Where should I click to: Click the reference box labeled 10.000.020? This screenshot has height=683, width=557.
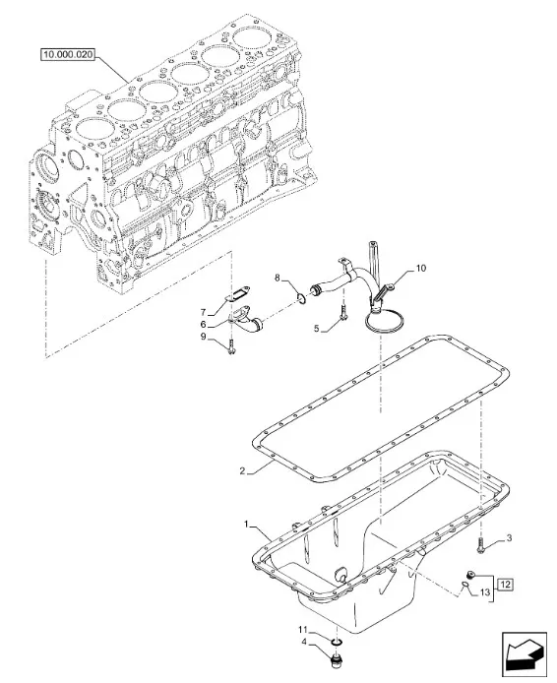[x=68, y=54]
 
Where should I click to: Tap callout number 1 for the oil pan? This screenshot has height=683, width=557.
[x=247, y=524]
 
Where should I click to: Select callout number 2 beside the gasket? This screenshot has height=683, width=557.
[x=242, y=470]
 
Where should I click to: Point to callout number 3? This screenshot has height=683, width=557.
[x=509, y=538]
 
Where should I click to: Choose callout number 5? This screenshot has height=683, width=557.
[x=317, y=329]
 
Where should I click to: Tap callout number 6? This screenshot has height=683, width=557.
[x=203, y=325]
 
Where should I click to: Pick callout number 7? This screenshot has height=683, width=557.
[x=203, y=312]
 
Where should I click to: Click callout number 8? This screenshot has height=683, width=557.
[x=278, y=278]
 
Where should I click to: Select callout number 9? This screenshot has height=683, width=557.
[x=203, y=337]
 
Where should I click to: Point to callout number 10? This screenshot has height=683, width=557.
[x=420, y=269]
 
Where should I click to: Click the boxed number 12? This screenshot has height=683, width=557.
[x=505, y=585]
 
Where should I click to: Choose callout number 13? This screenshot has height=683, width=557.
[x=485, y=591]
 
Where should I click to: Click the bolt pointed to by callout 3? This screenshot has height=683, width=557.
[x=480, y=545]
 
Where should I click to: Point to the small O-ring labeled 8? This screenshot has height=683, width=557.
[x=300, y=297]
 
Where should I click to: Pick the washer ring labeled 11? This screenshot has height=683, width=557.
[x=337, y=642]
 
